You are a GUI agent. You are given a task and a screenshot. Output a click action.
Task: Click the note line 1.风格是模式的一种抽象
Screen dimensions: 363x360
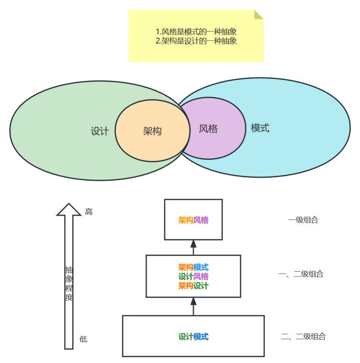[196, 32]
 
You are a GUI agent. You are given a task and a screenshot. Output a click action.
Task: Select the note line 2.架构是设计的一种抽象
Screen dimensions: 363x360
[196, 41]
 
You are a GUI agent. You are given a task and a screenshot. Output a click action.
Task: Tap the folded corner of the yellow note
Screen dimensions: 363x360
[259, 14]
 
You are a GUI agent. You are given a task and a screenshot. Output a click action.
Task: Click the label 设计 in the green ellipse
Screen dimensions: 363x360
[99, 132]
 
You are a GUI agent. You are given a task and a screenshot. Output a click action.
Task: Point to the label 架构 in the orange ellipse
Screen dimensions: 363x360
[152, 131]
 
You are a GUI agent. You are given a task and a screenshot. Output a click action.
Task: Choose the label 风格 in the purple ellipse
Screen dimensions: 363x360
[208, 129]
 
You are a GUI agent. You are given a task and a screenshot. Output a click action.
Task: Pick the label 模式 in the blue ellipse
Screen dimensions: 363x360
[260, 128]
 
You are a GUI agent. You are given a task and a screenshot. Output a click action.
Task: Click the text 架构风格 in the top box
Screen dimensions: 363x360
[193, 220]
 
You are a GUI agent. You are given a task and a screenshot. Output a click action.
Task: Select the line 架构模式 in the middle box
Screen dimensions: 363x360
[193, 268]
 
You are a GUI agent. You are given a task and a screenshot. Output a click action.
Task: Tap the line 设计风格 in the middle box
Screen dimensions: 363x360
[193, 277]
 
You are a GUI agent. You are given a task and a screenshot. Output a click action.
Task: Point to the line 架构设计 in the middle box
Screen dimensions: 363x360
[193, 286]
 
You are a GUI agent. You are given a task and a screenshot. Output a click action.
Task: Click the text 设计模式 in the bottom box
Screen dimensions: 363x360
[193, 337]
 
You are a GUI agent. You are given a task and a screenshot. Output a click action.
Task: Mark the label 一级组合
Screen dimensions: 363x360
[303, 220]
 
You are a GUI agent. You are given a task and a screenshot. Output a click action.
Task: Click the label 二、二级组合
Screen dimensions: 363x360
[303, 337]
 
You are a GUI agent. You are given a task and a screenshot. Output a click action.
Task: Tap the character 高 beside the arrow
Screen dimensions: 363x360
[89, 212]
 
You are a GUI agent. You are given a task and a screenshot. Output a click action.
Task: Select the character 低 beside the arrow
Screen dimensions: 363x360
[83, 339]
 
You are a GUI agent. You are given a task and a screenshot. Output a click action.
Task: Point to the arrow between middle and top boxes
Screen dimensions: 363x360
[193, 247]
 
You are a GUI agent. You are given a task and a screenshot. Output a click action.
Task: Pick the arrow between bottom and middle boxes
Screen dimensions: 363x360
[193, 306]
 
